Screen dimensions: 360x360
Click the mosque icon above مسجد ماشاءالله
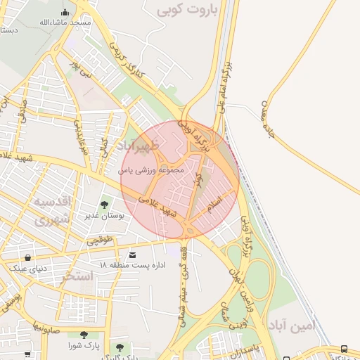[x=65, y=12]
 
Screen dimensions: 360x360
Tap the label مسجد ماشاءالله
[x=66, y=22]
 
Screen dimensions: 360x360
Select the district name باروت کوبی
[x=188, y=10]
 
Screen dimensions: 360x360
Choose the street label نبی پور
[x=81, y=68]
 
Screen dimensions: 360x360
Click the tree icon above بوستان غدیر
[x=104, y=205]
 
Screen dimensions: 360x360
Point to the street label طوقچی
[x=99, y=239]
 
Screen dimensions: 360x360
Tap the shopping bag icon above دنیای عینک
[x=27, y=257]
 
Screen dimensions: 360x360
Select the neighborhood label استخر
[x=77, y=276]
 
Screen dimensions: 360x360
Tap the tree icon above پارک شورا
[x=84, y=335]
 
